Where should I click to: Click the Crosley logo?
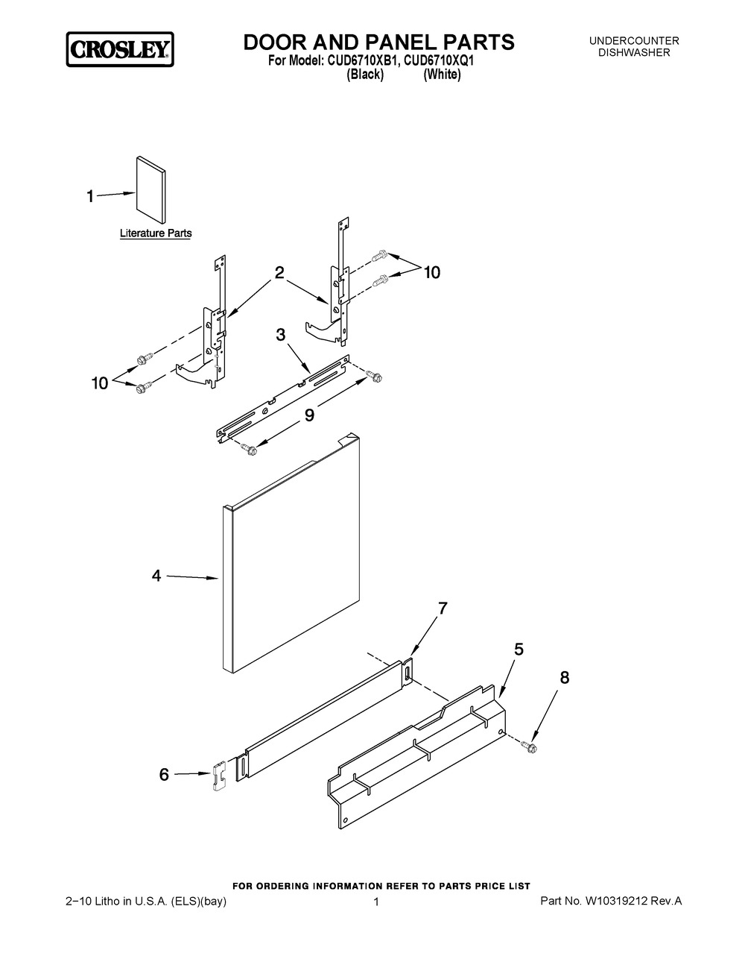(120, 49)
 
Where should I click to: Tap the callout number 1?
(90, 196)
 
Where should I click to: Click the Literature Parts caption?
(156, 233)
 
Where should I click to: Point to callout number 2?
(279, 272)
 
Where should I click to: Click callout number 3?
(281, 335)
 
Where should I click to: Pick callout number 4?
(156, 576)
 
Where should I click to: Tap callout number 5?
(519, 650)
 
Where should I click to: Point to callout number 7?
(443, 608)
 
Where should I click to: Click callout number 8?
(565, 678)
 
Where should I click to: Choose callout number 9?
(309, 415)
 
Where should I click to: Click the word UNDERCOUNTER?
(634, 41)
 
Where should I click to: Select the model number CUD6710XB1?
(362, 61)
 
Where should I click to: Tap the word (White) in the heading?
(442, 75)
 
